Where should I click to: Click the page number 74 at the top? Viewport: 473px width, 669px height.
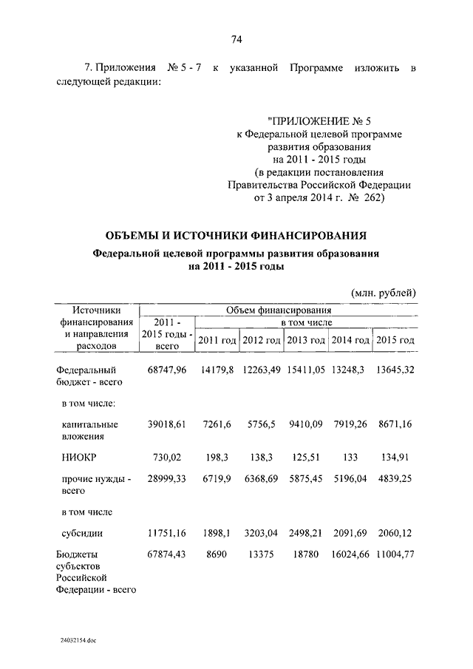click(237, 39)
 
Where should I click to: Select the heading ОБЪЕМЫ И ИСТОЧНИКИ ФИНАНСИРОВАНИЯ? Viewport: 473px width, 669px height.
click(236, 237)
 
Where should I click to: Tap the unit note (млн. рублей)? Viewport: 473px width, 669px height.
click(384, 293)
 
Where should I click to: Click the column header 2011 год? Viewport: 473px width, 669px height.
click(217, 339)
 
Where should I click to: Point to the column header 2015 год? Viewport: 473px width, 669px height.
click(395, 339)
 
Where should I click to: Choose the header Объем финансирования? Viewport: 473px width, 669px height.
click(279, 310)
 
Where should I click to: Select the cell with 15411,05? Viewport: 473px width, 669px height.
click(304, 370)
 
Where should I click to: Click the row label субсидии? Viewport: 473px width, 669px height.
click(82, 532)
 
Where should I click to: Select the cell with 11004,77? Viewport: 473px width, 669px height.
click(395, 553)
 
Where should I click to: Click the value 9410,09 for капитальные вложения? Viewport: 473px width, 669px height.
click(304, 424)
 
